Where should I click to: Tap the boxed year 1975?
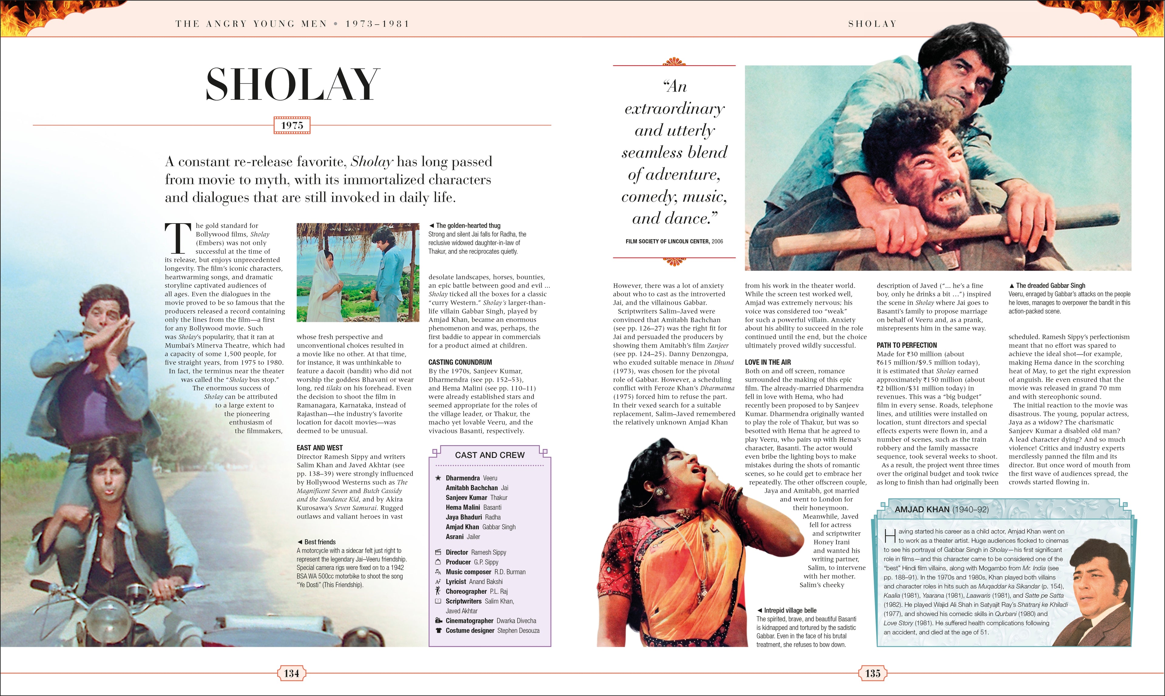pyautogui.click(x=292, y=125)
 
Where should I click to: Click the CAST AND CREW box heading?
pyautogui.click(x=489, y=455)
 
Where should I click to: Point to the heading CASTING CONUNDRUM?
pyautogui.click(x=460, y=362)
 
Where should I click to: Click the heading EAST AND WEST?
pyautogui.click(x=319, y=448)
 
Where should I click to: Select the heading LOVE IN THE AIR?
pyautogui.click(x=768, y=362)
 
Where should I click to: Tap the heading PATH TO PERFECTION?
pyautogui.click(x=907, y=345)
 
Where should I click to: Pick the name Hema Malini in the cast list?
pyautogui.click(x=463, y=507)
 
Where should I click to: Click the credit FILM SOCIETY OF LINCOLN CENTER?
pyautogui.click(x=667, y=241)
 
